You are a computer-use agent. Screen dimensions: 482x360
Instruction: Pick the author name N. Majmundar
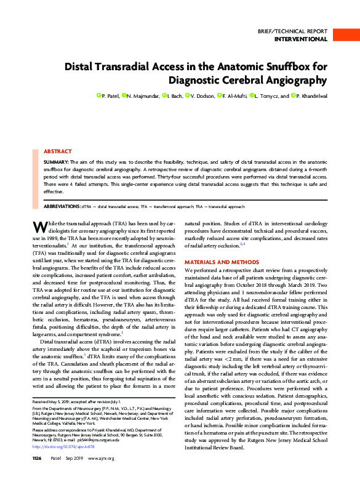click(143, 96)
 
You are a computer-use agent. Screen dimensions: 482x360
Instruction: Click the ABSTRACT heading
click(58, 151)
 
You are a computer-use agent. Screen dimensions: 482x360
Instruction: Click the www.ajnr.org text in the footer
click(102, 476)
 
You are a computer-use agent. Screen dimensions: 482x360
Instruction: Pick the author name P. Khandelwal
click(314, 96)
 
